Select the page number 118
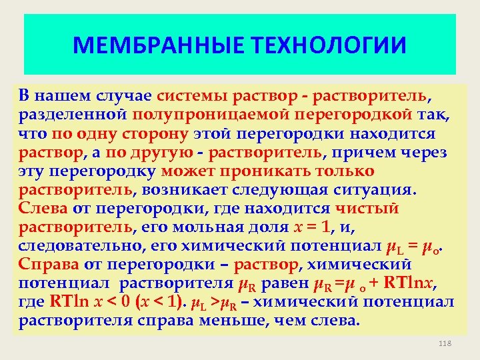coord(446,343)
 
